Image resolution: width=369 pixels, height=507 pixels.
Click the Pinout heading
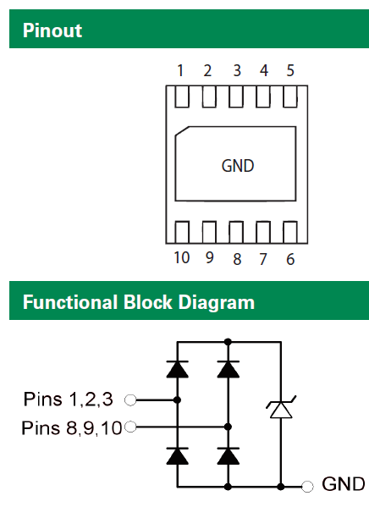52,30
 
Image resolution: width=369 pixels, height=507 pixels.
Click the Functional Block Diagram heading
139,303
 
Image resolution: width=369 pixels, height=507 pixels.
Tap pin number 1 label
180,70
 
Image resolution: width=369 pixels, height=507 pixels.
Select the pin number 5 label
290,70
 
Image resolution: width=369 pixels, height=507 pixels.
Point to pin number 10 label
182,257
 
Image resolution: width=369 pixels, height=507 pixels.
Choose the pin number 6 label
290,259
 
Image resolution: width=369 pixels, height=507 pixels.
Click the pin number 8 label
237,259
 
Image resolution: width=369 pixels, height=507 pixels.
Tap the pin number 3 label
237,70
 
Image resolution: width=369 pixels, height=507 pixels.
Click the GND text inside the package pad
238,166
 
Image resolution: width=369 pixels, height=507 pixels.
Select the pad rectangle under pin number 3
236,96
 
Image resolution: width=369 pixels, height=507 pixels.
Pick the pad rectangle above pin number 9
209,232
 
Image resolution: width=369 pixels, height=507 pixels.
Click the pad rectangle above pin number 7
263,232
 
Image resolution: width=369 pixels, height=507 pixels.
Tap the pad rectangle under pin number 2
209,96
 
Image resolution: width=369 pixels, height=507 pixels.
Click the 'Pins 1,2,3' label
69,399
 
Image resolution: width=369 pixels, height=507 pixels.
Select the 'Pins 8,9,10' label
72,427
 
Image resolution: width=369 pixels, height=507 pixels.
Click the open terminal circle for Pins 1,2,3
130,400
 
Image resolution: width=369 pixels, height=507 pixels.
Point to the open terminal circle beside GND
307,486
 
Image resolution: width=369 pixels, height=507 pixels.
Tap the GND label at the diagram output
344,484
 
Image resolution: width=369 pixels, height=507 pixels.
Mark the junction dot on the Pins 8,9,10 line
228,427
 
